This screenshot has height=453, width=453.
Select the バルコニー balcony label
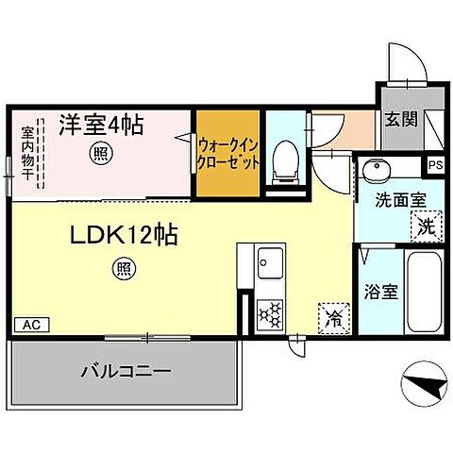click(124, 371)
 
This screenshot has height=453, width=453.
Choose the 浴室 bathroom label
click(382, 290)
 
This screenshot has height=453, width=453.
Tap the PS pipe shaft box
click(434, 164)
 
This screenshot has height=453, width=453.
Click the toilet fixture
click(282, 160)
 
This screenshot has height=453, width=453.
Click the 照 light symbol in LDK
click(124, 268)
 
